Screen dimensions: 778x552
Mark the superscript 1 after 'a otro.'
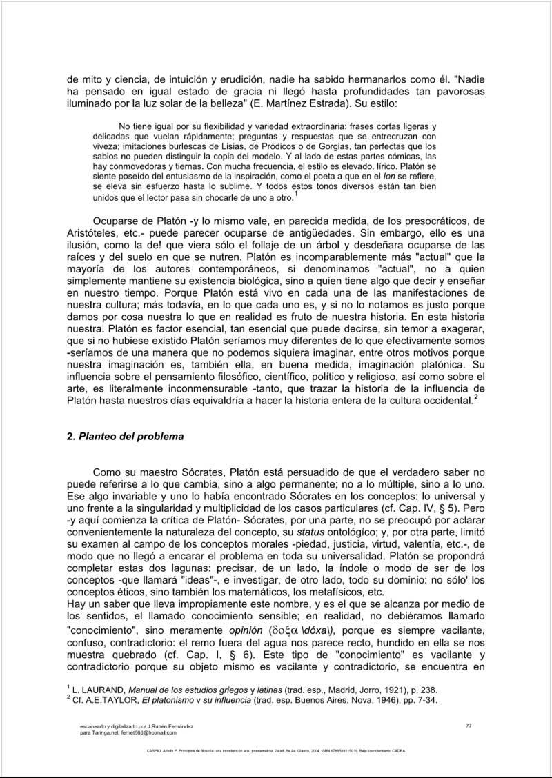tap(295, 195)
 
